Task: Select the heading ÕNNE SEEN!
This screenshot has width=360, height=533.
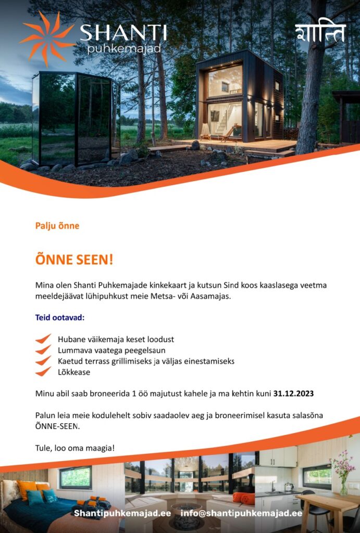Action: [x=74, y=259]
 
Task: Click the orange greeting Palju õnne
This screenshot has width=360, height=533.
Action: [x=57, y=226]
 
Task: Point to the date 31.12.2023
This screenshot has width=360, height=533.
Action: [x=293, y=394]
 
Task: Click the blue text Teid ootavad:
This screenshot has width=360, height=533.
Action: [x=59, y=317]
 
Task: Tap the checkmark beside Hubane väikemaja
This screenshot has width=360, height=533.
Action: [x=43, y=339]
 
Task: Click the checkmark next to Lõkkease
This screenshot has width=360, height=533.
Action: [x=43, y=372]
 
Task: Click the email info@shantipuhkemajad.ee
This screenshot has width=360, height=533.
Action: [x=241, y=513]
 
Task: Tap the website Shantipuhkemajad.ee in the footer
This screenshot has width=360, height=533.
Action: [x=122, y=513]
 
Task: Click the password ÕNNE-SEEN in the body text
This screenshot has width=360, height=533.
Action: [x=57, y=426]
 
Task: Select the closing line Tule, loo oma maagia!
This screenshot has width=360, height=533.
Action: [x=75, y=448]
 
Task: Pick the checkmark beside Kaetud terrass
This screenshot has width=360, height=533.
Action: [x=43, y=361]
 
